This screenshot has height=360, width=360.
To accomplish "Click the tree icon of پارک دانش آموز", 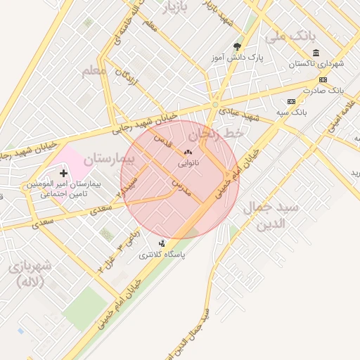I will point(236,47).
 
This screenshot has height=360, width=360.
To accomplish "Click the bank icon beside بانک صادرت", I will point(323,79).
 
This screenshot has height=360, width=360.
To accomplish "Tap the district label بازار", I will point(176,8).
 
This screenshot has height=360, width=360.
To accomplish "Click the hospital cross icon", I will point(64,173).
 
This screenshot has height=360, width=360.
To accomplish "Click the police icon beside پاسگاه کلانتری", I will point(162,243).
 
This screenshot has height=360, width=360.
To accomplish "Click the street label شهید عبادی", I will point(239,113).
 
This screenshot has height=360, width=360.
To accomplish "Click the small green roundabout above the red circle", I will point(215,105).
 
